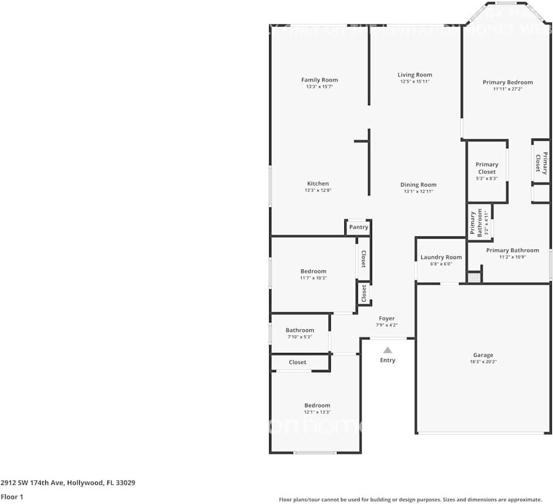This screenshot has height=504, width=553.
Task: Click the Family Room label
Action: (319, 80)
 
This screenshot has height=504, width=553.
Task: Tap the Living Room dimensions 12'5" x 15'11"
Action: (414, 81)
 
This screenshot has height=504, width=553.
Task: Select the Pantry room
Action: (358, 227)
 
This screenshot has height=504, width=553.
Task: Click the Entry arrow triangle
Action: (387, 350)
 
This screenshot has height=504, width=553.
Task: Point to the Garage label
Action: (483, 355)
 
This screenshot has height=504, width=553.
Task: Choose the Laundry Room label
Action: (441, 257)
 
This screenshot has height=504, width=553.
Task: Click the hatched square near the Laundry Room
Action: (474, 277)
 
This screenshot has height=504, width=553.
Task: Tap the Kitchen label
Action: (318, 183)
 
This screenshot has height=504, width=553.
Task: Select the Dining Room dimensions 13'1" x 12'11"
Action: (418, 192)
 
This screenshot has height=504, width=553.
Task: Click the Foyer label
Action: (387, 318)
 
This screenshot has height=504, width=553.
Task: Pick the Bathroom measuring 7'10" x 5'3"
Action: (300, 333)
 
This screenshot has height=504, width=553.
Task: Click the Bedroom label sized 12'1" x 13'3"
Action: (317, 405)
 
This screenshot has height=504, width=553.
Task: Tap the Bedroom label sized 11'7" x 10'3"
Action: (313, 271)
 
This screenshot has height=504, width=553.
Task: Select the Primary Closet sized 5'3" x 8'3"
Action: (486, 171)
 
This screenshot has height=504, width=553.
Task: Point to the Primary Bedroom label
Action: (507, 82)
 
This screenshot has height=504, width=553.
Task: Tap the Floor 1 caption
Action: (12, 497)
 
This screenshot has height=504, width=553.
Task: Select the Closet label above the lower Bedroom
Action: (297, 362)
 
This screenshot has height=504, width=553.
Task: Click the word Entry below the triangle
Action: (387, 360)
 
